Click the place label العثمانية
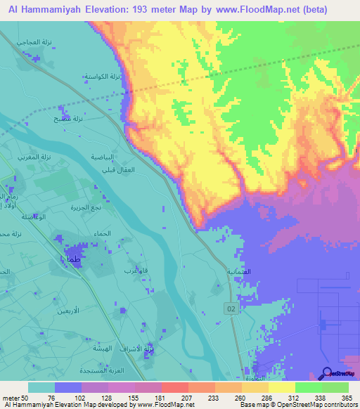(238, 271)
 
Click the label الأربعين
(86, 310)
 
